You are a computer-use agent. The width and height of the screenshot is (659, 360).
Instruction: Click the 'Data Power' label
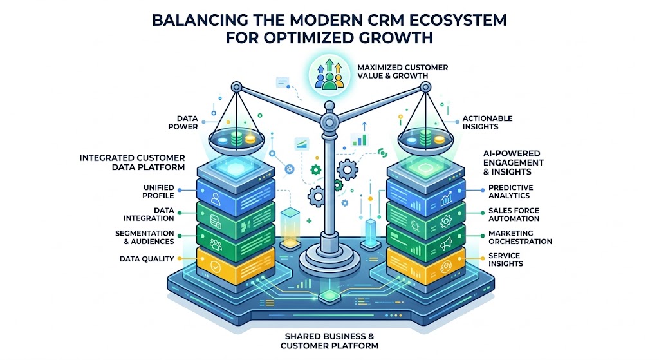[183, 122]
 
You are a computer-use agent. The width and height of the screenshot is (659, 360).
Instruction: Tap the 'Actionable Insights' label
[488, 122]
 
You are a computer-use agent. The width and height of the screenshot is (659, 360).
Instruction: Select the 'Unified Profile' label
[158, 191]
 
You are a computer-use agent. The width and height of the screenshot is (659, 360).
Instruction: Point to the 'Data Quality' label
[147, 259]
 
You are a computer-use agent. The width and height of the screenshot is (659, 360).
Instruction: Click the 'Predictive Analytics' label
[510, 191]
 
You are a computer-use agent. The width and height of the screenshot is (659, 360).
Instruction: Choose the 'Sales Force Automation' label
[514, 214]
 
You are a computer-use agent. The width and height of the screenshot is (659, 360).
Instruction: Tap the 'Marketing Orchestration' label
[520, 237]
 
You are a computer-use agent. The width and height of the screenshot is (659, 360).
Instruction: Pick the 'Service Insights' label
[506, 260]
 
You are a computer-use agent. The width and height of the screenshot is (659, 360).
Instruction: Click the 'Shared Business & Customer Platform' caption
[329, 341]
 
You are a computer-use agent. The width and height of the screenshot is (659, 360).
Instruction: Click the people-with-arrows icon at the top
[329, 74]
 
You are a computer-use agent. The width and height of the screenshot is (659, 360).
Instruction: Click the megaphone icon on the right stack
[445, 243]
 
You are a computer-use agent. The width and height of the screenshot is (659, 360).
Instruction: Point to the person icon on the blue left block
[216, 198]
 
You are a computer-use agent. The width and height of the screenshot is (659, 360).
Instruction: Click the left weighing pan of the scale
[236, 142]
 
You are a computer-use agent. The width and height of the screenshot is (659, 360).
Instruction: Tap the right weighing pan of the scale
[426, 142]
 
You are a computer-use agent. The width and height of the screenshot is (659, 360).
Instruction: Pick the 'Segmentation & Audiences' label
[145, 237]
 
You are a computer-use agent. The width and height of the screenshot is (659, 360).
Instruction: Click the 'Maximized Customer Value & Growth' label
[403, 71]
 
